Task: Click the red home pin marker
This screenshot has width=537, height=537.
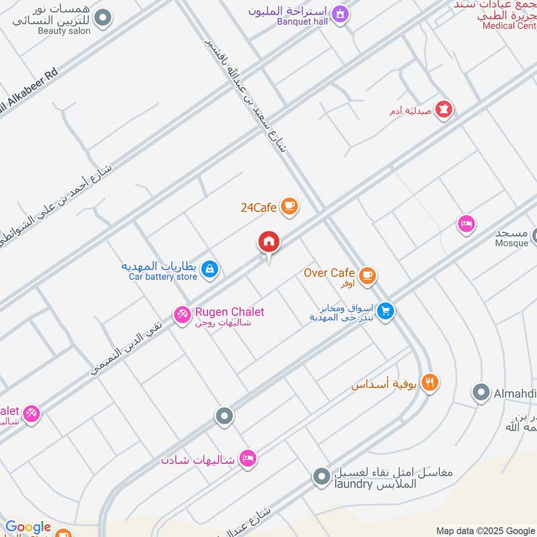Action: pyautogui.click(x=269, y=242)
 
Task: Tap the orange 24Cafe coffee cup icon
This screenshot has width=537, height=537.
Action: pyautogui.click(x=289, y=206)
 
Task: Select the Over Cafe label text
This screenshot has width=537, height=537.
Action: pyautogui.click(x=329, y=273)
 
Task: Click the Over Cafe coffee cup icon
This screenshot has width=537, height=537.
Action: pyautogui.click(x=367, y=275)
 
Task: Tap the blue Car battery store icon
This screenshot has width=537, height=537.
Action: pyautogui.click(x=210, y=270)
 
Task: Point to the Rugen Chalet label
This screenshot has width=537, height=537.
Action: pyautogui.click(x=230, y=312)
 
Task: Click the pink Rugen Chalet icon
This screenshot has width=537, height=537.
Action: pyautogui.click(x=182, y=314)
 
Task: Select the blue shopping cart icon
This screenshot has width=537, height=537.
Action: pyautogui.click(x=385, y=311)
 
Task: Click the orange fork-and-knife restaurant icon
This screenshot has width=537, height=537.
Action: pyautogui.click(x=430, y=383)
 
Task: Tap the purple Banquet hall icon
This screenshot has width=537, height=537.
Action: pyautogui.click(x=340, y=13)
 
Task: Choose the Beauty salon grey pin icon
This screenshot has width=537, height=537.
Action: pyautogui.click(x=102, y=18)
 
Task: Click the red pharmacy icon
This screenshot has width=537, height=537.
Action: pyautogui.click(x=443, y=109)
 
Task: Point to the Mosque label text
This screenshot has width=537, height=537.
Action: pyautogui.click(x=511, y=243)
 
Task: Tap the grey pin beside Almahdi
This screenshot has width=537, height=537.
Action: pyautogui.click(x=481, y=393)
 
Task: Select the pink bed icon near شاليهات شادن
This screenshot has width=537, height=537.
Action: pyautogui.click(x=248, y=459)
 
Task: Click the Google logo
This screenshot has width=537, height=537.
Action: pyautogui.click(x=28, y=528)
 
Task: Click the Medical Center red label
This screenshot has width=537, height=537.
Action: pyautogui.click(x=509, y=26)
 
